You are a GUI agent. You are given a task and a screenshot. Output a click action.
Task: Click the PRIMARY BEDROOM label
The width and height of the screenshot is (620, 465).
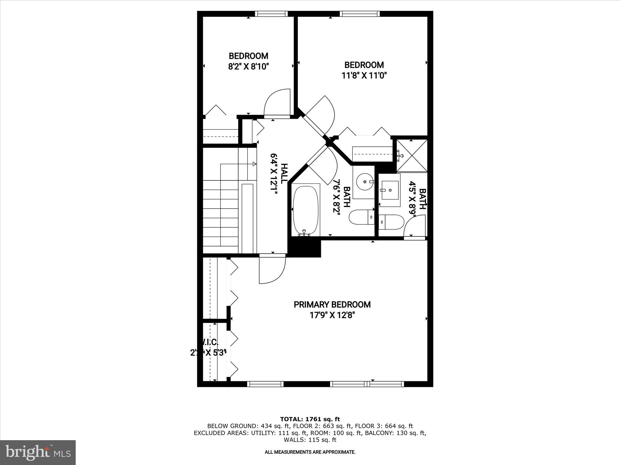coord(332,305)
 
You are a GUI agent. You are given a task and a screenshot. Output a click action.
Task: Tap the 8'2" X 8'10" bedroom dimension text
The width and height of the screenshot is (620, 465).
coord(249,66)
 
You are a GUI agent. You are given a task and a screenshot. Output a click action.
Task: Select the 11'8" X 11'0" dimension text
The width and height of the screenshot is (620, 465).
coord(364,75)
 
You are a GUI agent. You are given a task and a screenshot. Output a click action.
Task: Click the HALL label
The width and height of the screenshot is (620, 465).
coord(284,173)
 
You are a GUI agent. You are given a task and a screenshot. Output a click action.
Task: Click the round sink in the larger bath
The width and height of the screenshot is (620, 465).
coord(364,182)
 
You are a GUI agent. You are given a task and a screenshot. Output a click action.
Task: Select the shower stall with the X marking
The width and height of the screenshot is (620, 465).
coord(412,155)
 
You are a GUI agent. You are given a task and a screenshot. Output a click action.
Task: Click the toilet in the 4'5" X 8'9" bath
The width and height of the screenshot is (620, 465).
coord(391,222)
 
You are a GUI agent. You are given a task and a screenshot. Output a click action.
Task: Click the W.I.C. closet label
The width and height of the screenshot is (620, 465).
coord(208,342)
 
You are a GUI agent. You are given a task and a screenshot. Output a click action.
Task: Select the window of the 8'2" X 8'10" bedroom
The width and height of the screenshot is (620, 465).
coord(271,14)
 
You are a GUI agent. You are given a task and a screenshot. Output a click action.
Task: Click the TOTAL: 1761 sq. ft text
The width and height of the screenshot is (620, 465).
coord(310,419)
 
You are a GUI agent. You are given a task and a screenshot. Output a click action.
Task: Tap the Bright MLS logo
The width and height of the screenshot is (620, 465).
coord(38,452)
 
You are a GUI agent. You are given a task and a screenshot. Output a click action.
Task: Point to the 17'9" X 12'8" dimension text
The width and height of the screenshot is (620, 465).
coord(332,315)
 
